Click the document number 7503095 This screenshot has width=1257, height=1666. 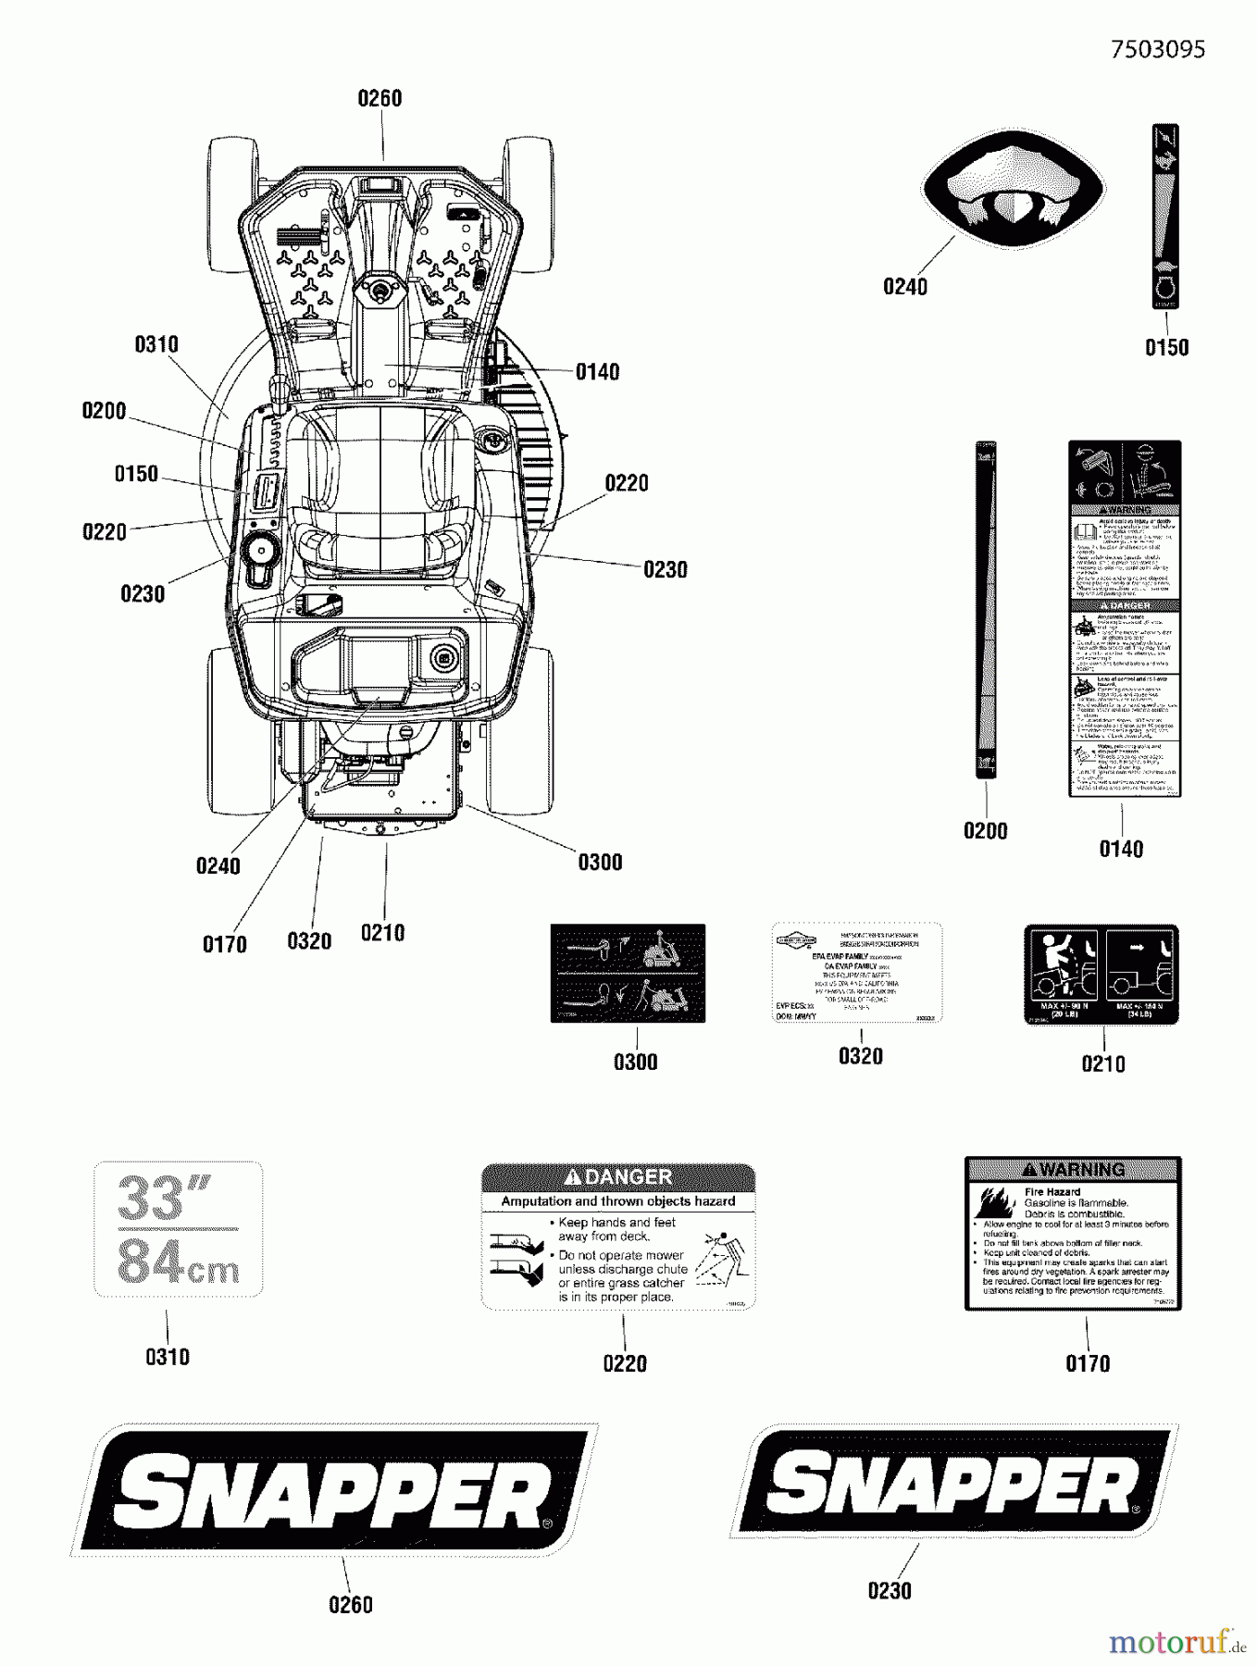[x=1157, y=49]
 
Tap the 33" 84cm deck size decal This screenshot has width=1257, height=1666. [x=179, y=1229]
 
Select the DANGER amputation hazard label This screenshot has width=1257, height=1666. [x=618, y=1237]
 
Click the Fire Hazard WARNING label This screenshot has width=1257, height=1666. [x=1073, y=1233]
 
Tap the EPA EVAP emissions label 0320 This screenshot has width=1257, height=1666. [x=858, y=972]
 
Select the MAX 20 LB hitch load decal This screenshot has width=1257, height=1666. [x=1101, y=974]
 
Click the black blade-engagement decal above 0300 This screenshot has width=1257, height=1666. [x=628, y=973]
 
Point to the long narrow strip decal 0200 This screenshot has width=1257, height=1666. [x=985, y=610]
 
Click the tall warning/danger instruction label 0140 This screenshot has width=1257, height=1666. [x=1124, y=618]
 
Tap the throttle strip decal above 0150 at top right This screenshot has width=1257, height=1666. [x=1165, y=216]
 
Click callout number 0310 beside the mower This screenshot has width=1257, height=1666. [x=156, y=345]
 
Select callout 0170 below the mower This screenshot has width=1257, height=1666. [x=225, y=945]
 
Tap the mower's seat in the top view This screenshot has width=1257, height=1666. [x=380, y=491]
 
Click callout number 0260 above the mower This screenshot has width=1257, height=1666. [x=380, y=98]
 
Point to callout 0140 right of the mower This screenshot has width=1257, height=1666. [x=597, y=372]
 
